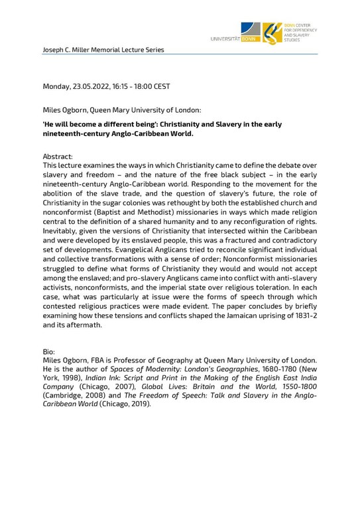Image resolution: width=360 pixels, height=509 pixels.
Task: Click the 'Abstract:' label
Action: pos(58,153)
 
